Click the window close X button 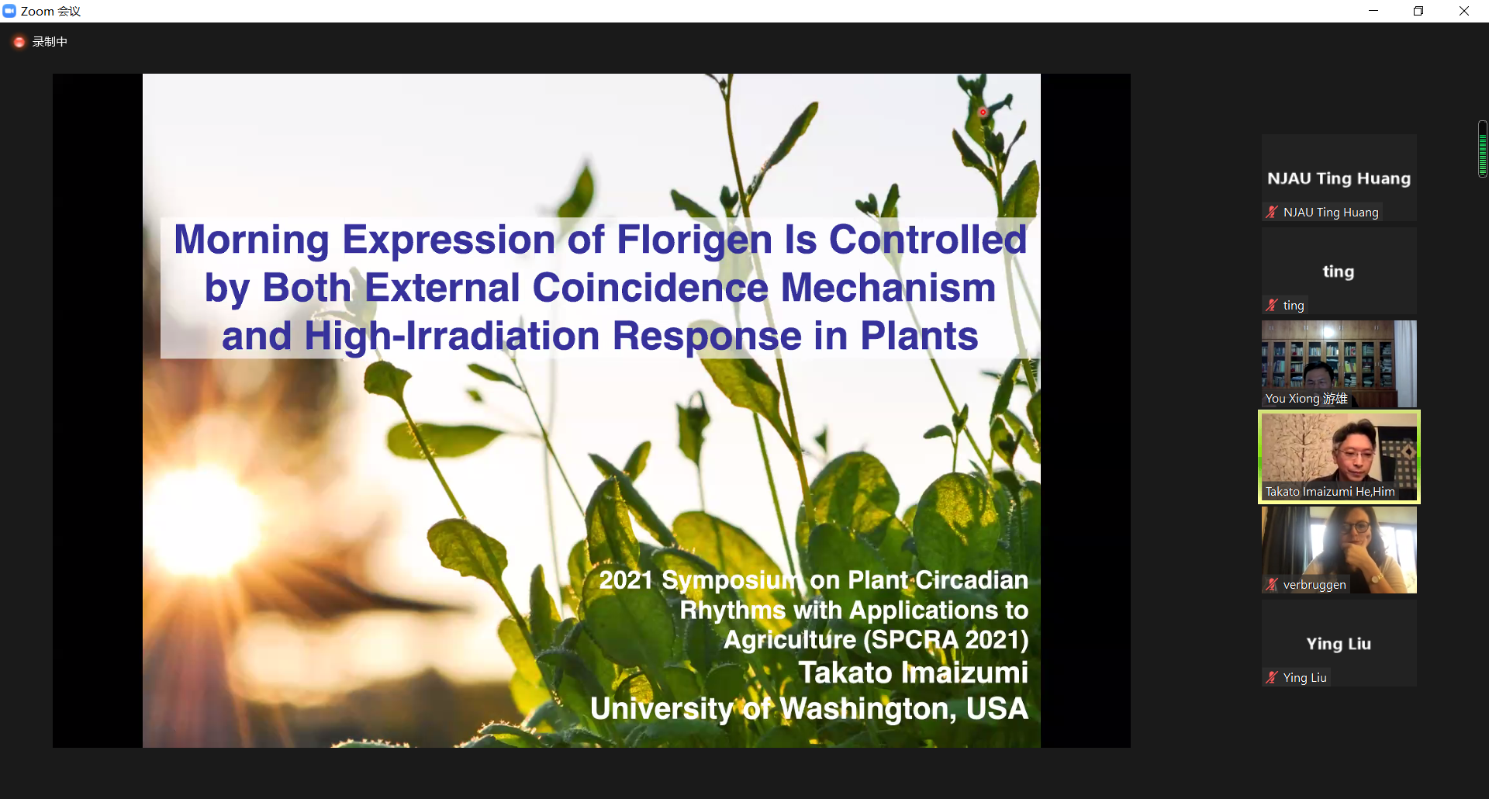coord(1464,11)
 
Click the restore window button coord(1418,11)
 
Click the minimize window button coord(1373,11)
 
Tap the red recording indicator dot coord(19,42)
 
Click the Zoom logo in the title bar coord(9,11)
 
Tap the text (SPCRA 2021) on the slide coord(946,639)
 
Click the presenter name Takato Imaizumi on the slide coord(914,673)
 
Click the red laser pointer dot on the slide coord(983,112)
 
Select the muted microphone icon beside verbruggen coord(1272,585)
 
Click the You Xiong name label coord(1306,399)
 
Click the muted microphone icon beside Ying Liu coord(1272,678)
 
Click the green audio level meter coord(1483,149)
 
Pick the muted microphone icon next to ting coord(1272,306)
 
